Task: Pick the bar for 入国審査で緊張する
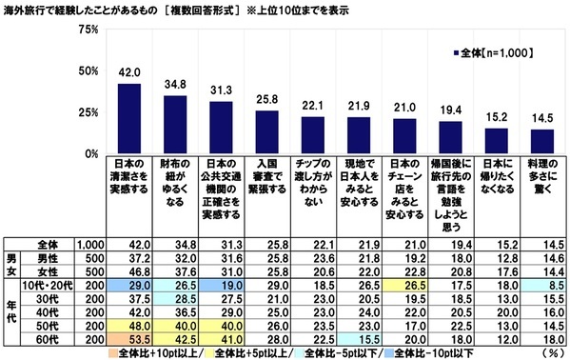[x=266, y=132]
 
